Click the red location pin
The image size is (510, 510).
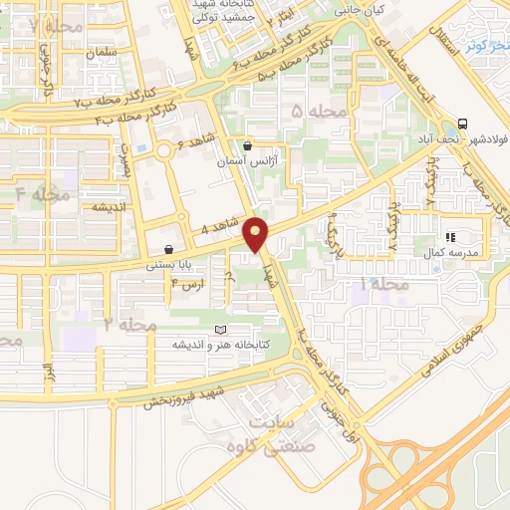[257, 234]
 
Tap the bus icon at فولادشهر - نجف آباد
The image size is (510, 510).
[461, 125]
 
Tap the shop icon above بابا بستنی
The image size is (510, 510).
[168, 249]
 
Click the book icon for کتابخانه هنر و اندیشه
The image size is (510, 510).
[220, 331]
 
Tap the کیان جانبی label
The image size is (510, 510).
[356, 12]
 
